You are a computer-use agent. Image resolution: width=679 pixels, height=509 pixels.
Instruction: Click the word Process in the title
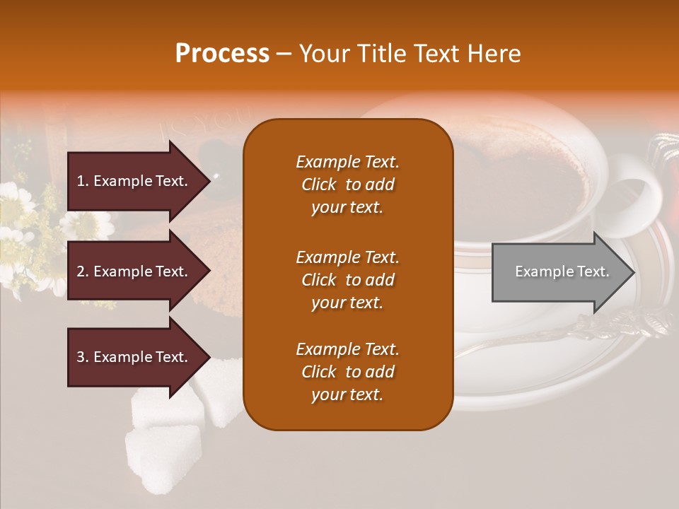pyautogui.click(x=222, y=54)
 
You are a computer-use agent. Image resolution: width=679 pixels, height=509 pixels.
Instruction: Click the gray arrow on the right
pyautogui.click(x=559, y=272)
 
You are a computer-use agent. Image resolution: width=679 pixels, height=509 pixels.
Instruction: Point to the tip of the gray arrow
pyautogui.click(x=633, y=272)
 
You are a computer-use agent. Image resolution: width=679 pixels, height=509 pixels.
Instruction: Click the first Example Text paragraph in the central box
pyautogui.click(x=347, y=185)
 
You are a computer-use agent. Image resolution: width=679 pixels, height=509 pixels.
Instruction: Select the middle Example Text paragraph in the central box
pyautogui.click(x=347, y=280)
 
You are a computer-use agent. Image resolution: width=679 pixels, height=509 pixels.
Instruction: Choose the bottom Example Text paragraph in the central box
pyautogui.click(x=347, y=372)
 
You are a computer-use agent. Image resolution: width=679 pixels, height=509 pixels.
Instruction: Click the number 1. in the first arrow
pyautogui.click(x=83, y=181)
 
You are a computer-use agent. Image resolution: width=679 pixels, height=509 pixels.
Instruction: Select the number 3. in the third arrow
pyautogui.click(x=83, y=357)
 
